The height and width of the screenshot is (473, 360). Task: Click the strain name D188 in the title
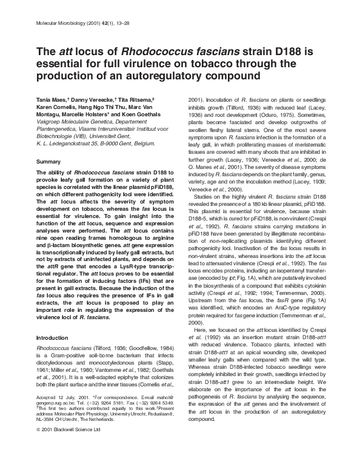(x=262, y=52)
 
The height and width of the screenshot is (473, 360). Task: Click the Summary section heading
(x=49, y=162)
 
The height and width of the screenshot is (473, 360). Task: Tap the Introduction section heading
(x=53, y=336)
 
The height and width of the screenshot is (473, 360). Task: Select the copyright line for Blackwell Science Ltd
(x=68, y=461)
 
